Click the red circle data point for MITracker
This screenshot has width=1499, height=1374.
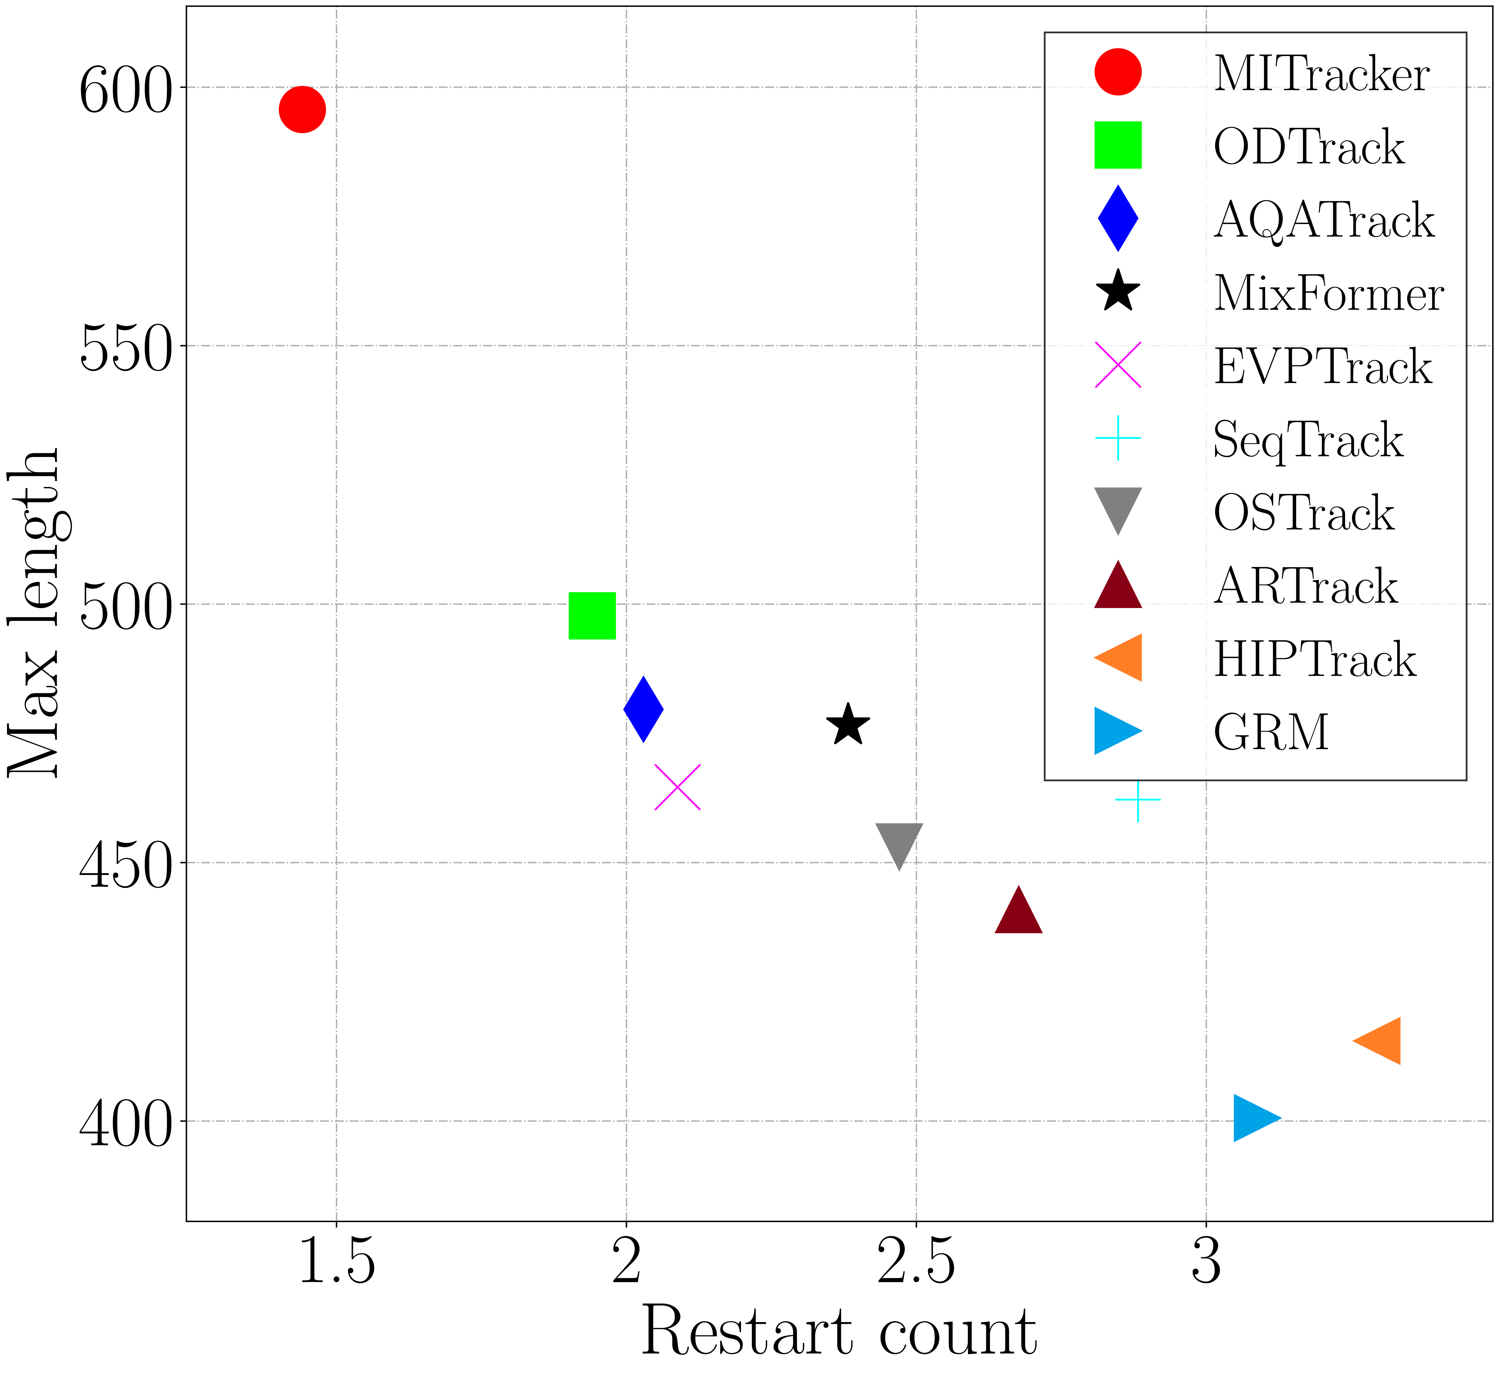[x=302, y=109]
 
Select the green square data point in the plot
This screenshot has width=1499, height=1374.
[x=592, y=616]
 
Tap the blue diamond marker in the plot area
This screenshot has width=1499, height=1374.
[x=643, y=709]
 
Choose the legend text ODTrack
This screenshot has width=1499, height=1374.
[x=1309, y=147]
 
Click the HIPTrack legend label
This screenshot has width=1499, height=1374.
[x=1314, y=660]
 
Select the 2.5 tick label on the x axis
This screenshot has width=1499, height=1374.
[x=916, y=1263]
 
